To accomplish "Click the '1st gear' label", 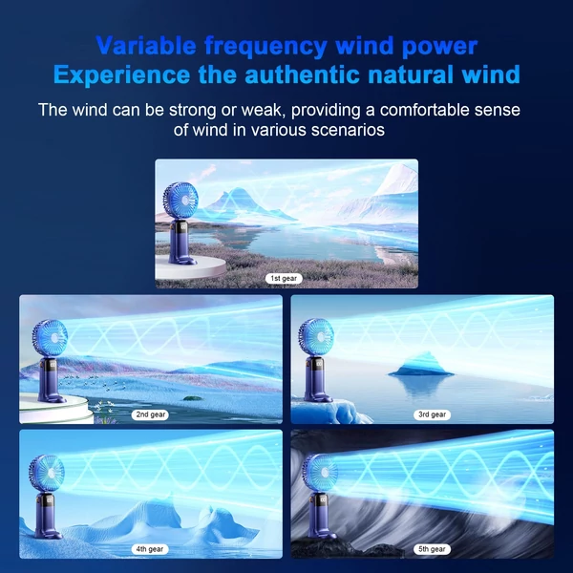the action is (284, 279).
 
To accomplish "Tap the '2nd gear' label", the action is (150, 414).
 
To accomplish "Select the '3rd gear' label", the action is (432, 414).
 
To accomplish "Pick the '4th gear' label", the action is (150, 549).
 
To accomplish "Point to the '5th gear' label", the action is (432, 549).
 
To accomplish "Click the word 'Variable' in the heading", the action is (146, 46).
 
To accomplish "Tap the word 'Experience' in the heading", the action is (121, 74).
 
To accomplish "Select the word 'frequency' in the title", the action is (265, 47).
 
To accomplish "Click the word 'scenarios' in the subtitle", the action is (348, 130).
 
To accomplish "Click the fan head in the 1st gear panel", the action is (180, 202).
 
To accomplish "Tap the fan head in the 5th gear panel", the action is (320, 474).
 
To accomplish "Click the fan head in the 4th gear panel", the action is (47, 474).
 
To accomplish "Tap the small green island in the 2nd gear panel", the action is (192, 398).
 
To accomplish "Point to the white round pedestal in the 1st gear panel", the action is (190, 267).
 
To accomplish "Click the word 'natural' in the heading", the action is (411, 74).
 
